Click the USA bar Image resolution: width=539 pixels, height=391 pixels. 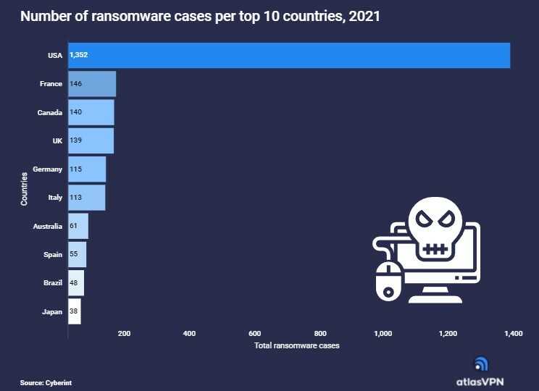click(x=289, y=55)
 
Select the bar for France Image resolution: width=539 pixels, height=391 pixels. click(x=92, y=84)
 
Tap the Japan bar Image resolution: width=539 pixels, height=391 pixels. click(x=74, y=311)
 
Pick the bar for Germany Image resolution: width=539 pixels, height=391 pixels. click(x=87, y=169)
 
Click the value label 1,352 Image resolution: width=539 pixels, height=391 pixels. click(x=79, y=55)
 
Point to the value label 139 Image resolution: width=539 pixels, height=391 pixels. click(x=76, y=140)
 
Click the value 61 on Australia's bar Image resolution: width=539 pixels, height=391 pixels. click(x=74, y=226)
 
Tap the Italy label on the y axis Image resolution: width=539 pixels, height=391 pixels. click(x=55, y=197)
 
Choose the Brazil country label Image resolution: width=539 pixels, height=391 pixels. click(x=53, y=282)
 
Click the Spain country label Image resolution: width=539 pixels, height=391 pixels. click(x=53, y=254)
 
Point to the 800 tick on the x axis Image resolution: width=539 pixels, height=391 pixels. click(x=319, y=334)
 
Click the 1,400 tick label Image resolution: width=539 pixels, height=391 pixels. click(x=512, y=334)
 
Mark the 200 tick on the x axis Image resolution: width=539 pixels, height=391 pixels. click(x=124, y=334)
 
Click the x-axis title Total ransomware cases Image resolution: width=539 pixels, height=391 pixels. click(x=296, y=345)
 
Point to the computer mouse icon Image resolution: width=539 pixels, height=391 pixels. click(x=388, y=281)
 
